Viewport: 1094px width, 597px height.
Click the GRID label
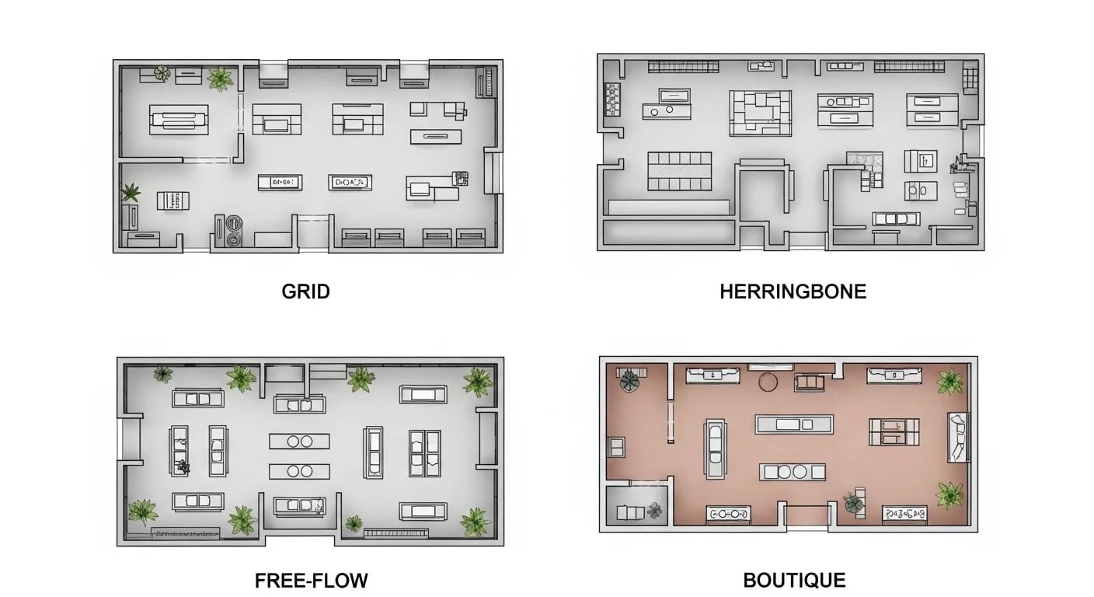[x=305, y=292]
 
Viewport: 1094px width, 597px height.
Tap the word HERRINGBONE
[x=793, y=292]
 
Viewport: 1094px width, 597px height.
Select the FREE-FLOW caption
[x=312, y=581]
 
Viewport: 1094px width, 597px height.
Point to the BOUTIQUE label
[x=795, y=581]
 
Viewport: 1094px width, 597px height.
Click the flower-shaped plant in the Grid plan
[x=162, y=73]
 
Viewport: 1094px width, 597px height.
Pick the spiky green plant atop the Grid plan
[x=220, y=79]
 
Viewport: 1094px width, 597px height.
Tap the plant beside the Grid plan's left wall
[x=130, y=193]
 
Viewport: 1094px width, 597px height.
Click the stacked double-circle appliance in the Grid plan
[x=234, y=231]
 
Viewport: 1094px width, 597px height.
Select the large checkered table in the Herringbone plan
[x=679, y=171]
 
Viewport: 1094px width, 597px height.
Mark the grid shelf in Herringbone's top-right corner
[x=970, y=79]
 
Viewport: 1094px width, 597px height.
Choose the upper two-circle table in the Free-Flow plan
[x=299, y=442]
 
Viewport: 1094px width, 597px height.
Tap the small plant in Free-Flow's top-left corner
[x=163, y=375]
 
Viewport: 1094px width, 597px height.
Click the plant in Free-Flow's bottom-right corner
[x=476, y=522]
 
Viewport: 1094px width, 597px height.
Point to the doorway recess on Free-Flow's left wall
[x=130, y=438]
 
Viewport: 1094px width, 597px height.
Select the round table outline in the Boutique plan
[x=768, y=382]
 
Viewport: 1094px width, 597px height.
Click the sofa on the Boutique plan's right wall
[x=957, y=437]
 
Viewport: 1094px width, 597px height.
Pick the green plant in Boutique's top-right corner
[x=950, y=382]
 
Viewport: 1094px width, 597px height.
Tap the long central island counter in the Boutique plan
[x=794, y=424]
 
